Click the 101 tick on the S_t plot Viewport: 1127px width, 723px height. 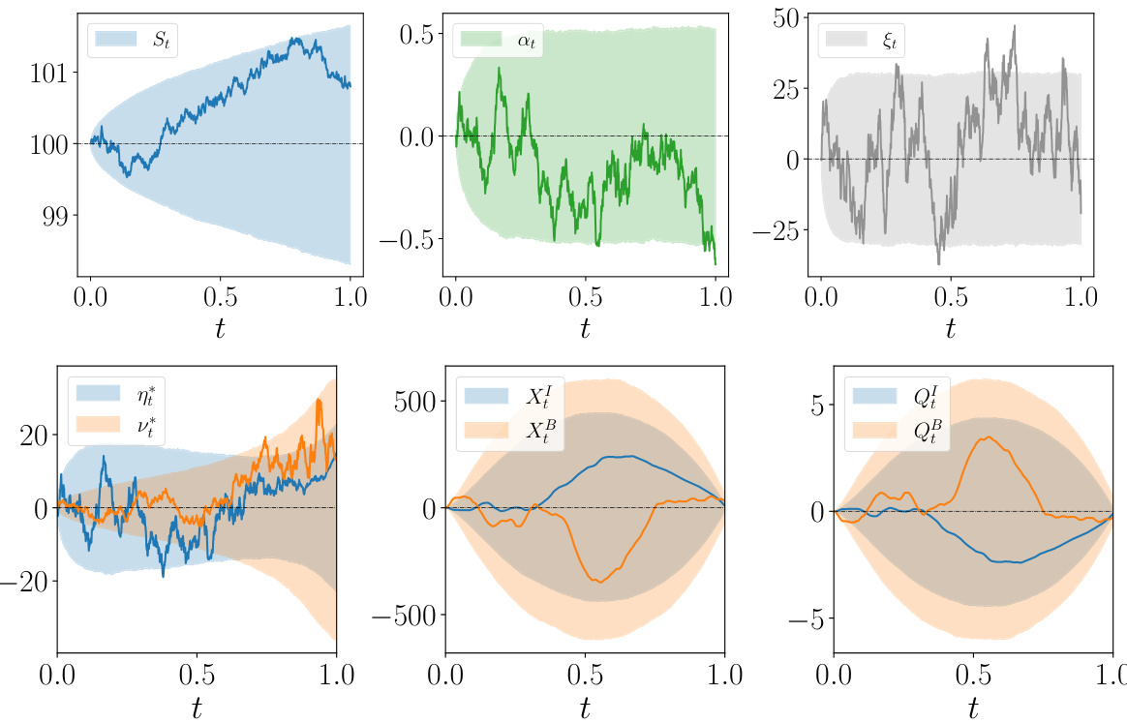pyautogui.click(x=44, y=73)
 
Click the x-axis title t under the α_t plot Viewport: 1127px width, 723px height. pyautogui.click(x=585, y=326)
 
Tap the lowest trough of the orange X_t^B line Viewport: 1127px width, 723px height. pyautogui.click(x=600, y=582)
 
